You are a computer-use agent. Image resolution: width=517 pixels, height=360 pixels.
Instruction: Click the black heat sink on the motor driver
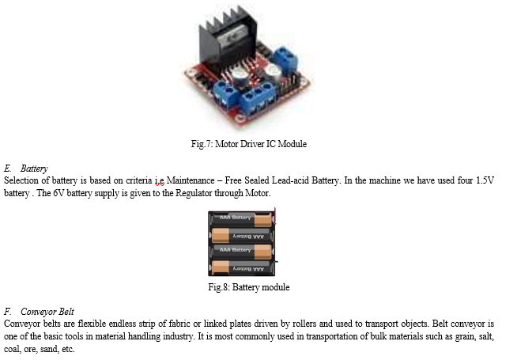228,36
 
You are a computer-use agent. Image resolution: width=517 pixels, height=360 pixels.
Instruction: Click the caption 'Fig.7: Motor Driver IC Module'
249,144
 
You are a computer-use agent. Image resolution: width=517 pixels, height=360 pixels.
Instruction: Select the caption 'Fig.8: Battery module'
249,287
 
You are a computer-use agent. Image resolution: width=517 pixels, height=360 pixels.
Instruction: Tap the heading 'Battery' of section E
34,169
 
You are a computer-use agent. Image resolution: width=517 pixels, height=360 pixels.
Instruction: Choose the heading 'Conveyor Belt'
47,312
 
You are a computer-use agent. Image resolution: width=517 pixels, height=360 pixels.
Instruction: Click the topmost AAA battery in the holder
242,219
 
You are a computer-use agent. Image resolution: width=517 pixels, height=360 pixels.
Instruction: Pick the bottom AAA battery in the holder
242,268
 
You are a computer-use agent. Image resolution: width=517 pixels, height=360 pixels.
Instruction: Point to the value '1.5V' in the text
485,180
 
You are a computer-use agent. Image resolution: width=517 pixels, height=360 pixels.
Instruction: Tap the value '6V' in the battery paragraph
58,193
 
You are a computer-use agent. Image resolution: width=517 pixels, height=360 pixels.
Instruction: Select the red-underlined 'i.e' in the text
160,181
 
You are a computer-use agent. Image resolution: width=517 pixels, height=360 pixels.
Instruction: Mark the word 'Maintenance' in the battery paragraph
191,180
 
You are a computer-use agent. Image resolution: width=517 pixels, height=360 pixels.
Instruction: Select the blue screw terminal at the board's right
285,60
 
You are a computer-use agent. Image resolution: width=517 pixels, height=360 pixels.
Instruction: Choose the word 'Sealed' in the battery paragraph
257,180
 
